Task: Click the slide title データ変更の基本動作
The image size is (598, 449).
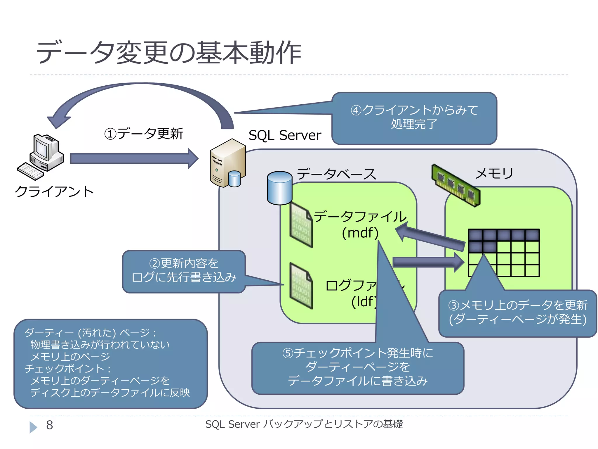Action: tap(168, 53)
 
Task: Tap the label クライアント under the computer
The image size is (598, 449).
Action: tap(54, 192)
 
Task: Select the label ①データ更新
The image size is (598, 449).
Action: tap(144, 134)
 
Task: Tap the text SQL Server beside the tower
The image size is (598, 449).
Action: tap(285, 135)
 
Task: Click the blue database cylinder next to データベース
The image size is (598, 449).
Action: tap(279, 188)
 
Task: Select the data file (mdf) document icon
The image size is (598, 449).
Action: tap(301, 225)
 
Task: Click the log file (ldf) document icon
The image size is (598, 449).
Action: tap(301, 286)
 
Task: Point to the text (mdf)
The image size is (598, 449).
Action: tap(360, 233)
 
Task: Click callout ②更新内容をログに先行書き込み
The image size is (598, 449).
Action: tap(184, 271)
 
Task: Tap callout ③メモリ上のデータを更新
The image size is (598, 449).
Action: tap(517, 312)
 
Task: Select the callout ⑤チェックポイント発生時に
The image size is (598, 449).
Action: tap(357, 367)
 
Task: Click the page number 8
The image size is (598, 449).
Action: tap(50, 425)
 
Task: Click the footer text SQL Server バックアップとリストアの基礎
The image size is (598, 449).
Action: tap(304, 424)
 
